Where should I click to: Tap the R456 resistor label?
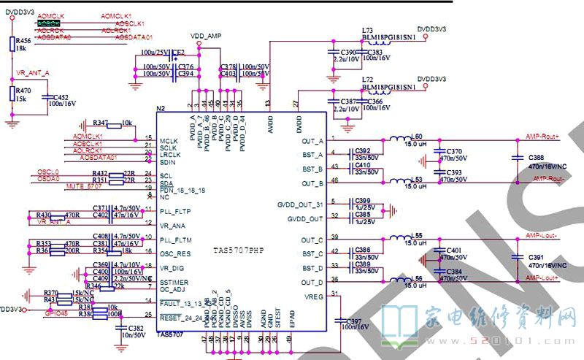[23, 40]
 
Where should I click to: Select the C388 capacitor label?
[537, 158]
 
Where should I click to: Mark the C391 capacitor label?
[537, 257]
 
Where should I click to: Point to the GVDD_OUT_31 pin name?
[301, 204]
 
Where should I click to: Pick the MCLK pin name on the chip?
[169, 141]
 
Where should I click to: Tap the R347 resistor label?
[100, 122]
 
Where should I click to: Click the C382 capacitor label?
[136, 329]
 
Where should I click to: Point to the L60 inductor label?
[416, 137]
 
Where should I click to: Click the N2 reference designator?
[161, 109]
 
